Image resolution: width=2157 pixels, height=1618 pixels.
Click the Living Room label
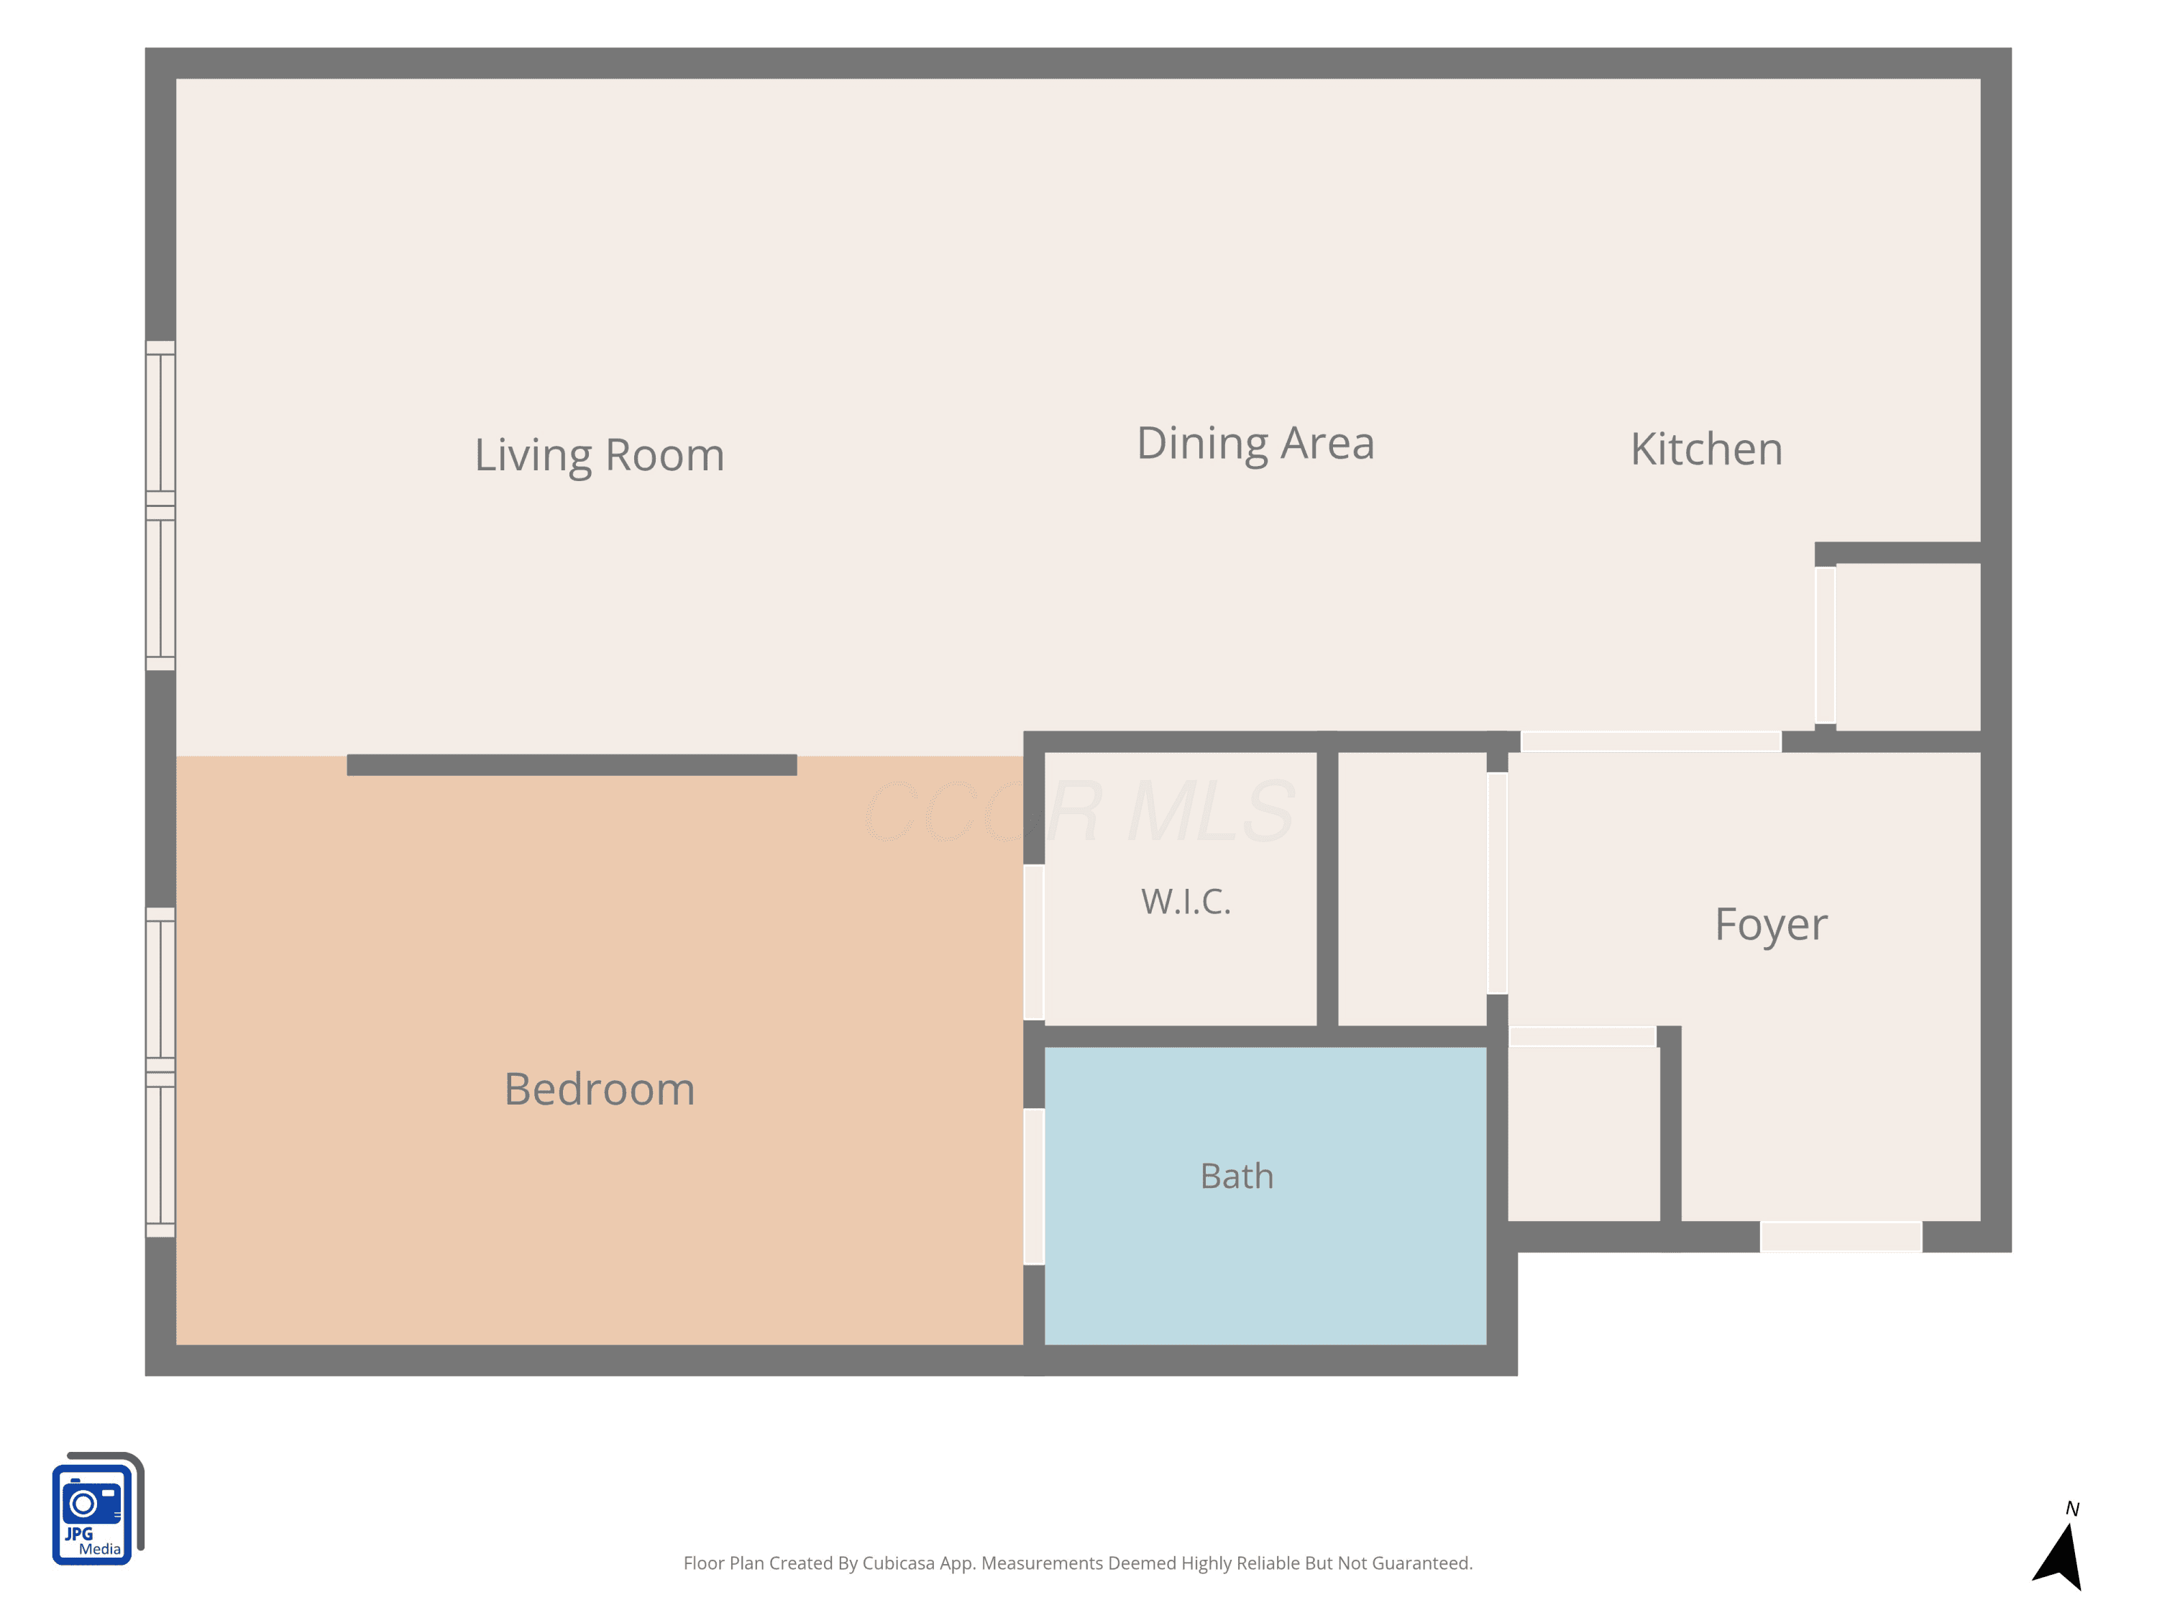pos(599,455)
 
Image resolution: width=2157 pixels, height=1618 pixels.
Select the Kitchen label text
pos(1706,449)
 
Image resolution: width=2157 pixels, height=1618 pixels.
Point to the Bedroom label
pos(600,1089)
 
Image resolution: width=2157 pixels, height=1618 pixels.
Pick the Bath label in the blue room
pos(1237,1176)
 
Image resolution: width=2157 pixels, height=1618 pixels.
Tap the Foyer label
pos(1771,925)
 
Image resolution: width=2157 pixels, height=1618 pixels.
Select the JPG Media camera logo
pos(98,1509)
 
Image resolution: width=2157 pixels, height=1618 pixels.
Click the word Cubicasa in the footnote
pos(898,1563)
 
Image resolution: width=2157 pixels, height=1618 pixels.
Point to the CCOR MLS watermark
pos(1079,811)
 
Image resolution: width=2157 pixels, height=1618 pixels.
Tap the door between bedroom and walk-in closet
pos(1034,942)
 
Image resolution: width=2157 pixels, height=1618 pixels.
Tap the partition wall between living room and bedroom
pos(572,764)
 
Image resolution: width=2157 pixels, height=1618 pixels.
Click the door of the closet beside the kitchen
pos(1825,644)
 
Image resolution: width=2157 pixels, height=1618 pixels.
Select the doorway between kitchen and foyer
pos(1651,741)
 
